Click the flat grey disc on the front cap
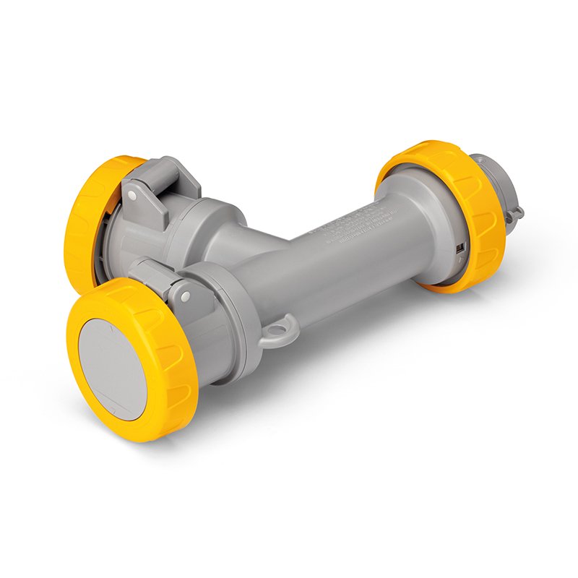(x=112, y=368)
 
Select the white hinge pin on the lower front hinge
(x=186, y=296)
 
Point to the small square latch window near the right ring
(x=460, y=248)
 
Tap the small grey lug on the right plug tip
(x=514, y=212)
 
